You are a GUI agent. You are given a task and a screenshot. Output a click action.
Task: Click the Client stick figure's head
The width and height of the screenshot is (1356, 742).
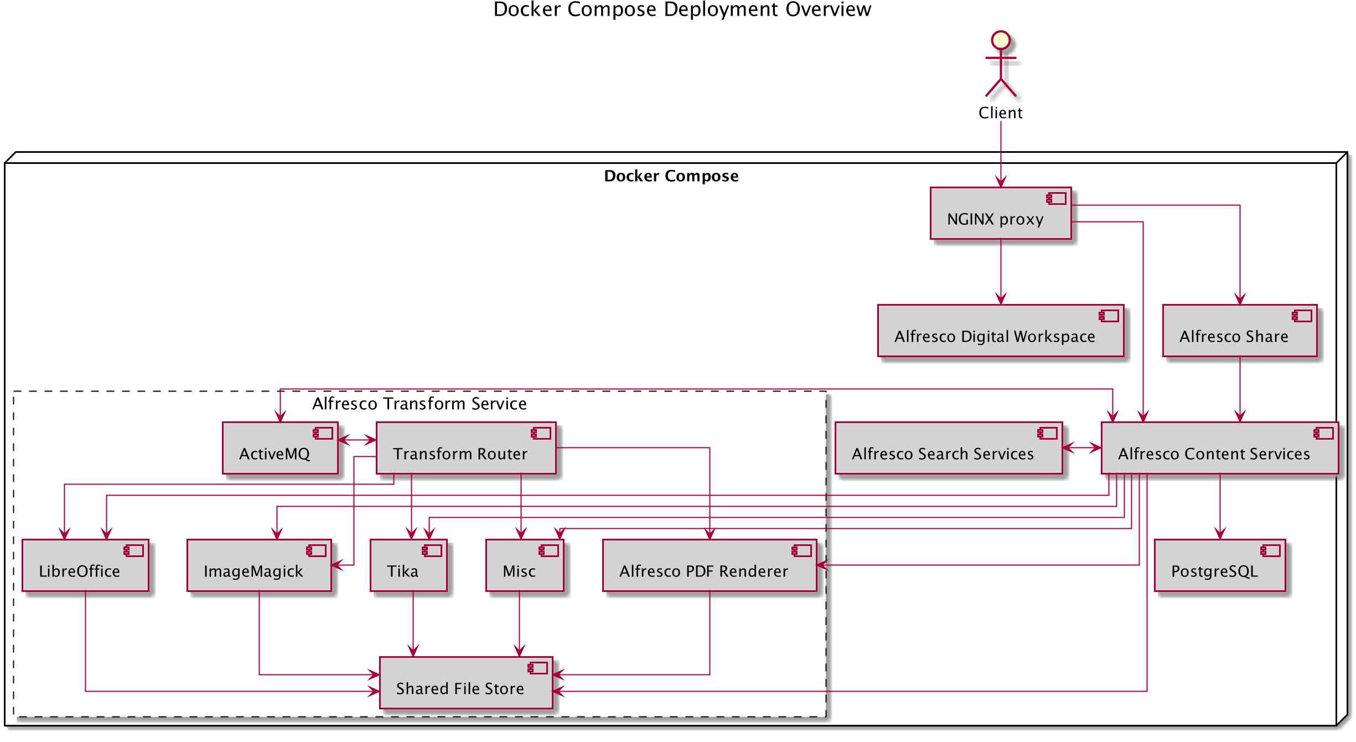[x=1001, y=40]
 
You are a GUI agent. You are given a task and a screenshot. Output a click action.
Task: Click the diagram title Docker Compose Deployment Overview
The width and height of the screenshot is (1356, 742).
[x=682, y=10]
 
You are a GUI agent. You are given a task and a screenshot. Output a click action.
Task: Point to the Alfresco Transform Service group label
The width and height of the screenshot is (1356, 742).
[x=419, y=404]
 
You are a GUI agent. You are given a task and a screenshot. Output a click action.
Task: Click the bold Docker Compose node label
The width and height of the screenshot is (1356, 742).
[x=671, y=176]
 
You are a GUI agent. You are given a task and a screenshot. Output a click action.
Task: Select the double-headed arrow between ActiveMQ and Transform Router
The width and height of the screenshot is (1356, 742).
[x=357, y=440]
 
